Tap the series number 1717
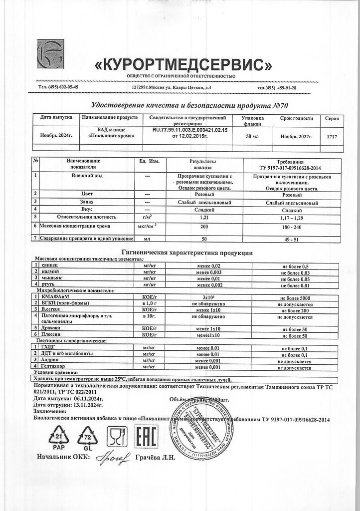click(x=332, y=136)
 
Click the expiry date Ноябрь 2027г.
click(x=296, y=136)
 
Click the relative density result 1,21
click(x=203, y=218)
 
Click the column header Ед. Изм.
click(x=147, y=162)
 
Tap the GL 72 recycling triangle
click(x=89, y=437)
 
